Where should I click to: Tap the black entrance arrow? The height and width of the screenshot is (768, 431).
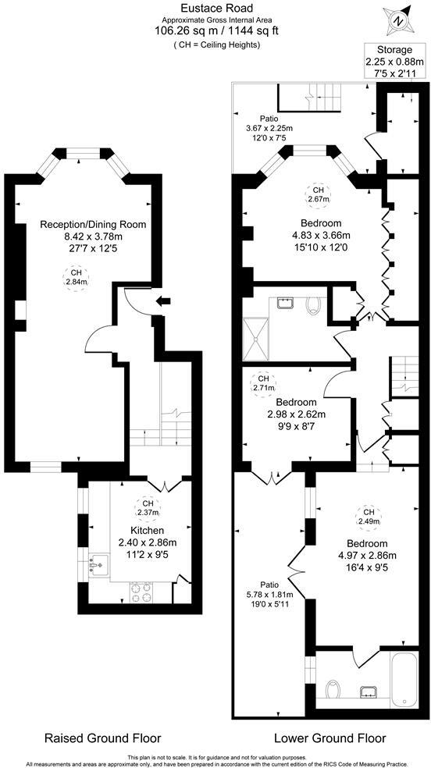pyautogui.click(x=162, y=301)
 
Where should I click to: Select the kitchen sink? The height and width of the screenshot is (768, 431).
pyautogui.click(x=99, y=561)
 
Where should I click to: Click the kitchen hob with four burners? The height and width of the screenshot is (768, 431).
pyautogui.click(x=142, y=592)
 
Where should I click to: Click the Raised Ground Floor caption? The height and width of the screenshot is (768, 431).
pyautogui.click(x=102, y=738)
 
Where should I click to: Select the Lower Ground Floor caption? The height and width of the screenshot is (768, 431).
pyautogui.click(x=329, y=738)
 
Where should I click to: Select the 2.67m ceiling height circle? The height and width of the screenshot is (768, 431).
pyautogui.click(x=317, y=195)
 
